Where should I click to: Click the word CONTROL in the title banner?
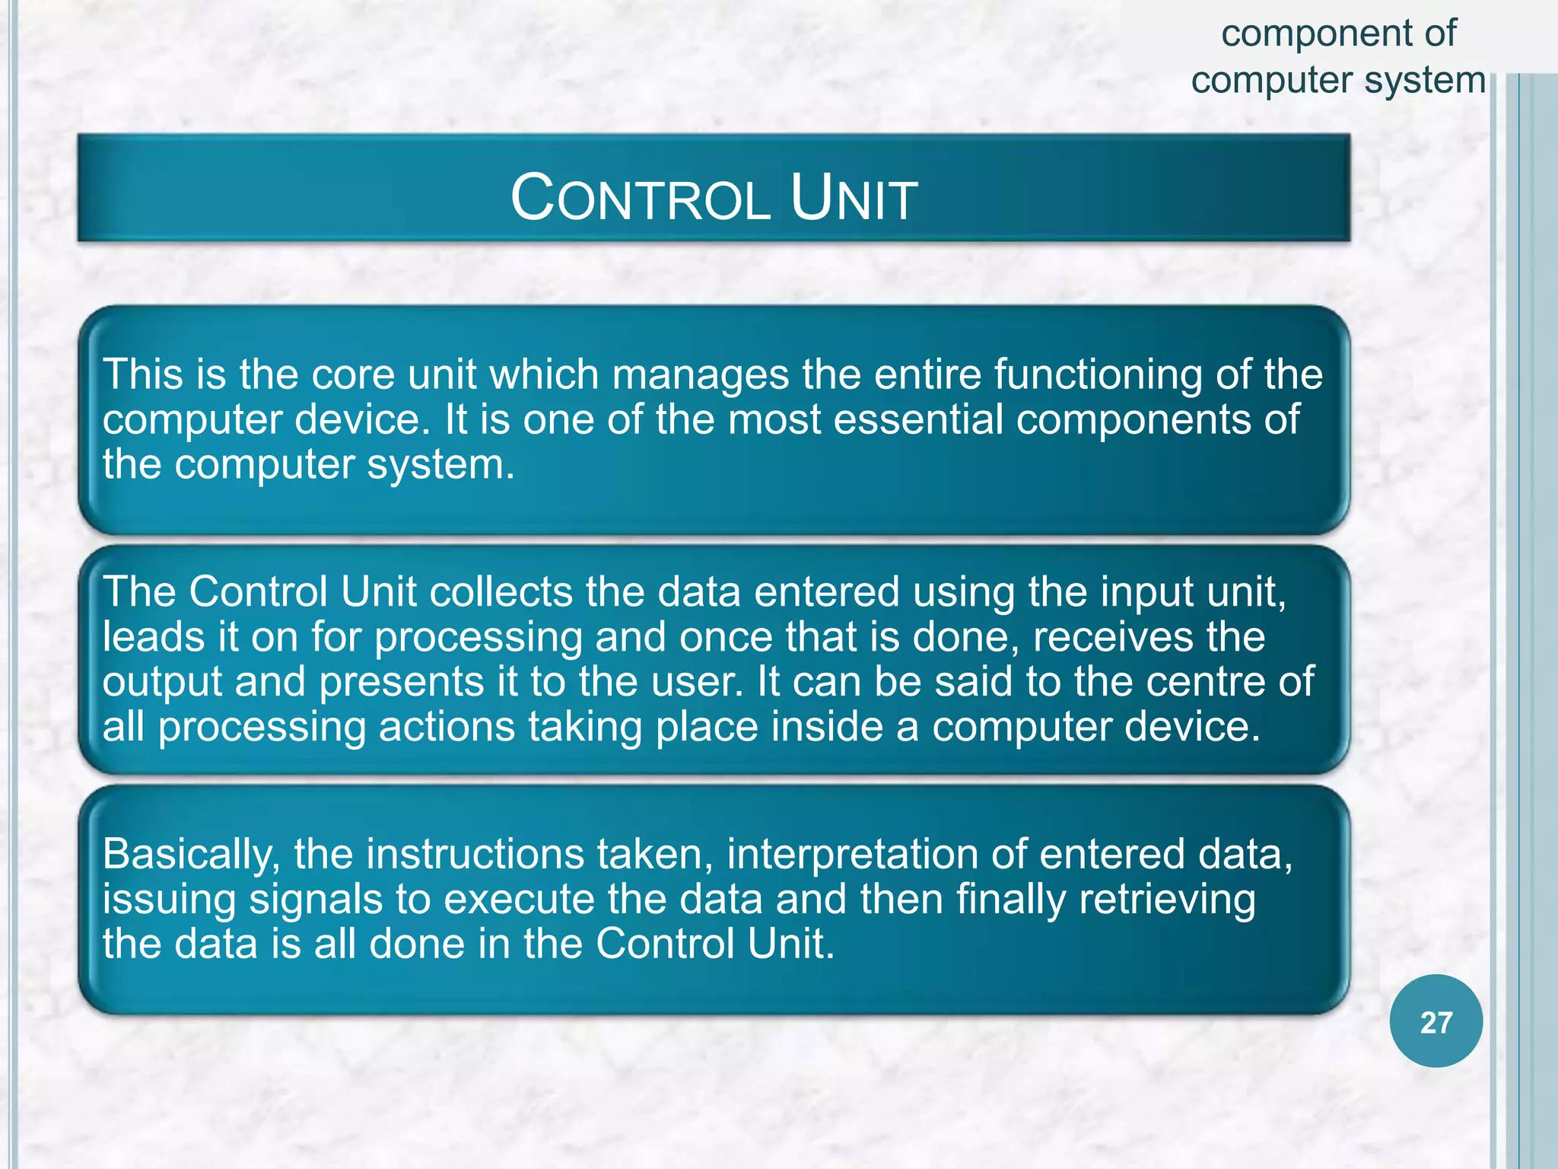pos(641,199)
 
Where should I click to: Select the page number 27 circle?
pos(1436,1021)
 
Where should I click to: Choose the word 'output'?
pos(162,683)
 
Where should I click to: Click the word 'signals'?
pos(316,900)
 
